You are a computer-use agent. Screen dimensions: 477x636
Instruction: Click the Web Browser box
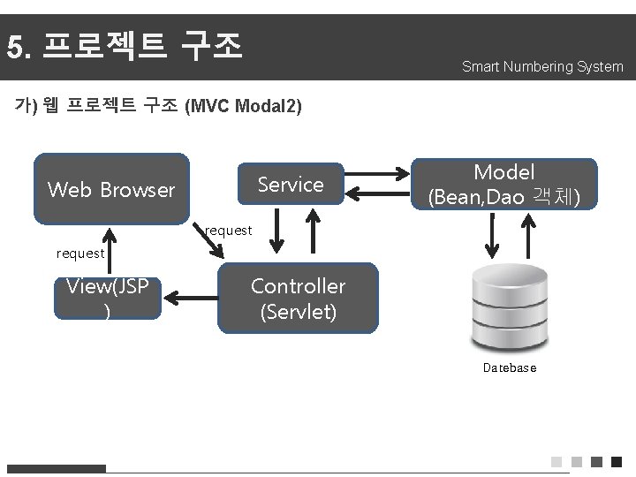coord(111,189)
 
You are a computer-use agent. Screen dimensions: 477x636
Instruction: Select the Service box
coord(290,185)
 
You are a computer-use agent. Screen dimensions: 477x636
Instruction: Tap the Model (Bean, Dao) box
coord(504,185)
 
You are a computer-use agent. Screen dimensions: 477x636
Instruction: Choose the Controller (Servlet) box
coord(298,299)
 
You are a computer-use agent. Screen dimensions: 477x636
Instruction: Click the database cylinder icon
coord(509,309)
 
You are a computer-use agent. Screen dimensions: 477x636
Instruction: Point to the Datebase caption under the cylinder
coord(509,367)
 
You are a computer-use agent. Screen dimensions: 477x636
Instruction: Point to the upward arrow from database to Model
coord(530,236)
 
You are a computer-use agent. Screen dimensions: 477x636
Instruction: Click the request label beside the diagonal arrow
coord(228,231)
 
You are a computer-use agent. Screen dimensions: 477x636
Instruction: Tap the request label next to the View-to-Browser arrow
coord(79,254)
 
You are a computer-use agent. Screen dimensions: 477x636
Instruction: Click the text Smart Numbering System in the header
coord(541,67)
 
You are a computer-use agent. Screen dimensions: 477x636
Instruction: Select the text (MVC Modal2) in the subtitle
coord(243,107)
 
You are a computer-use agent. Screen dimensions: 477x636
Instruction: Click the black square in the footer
coord(617,462)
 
